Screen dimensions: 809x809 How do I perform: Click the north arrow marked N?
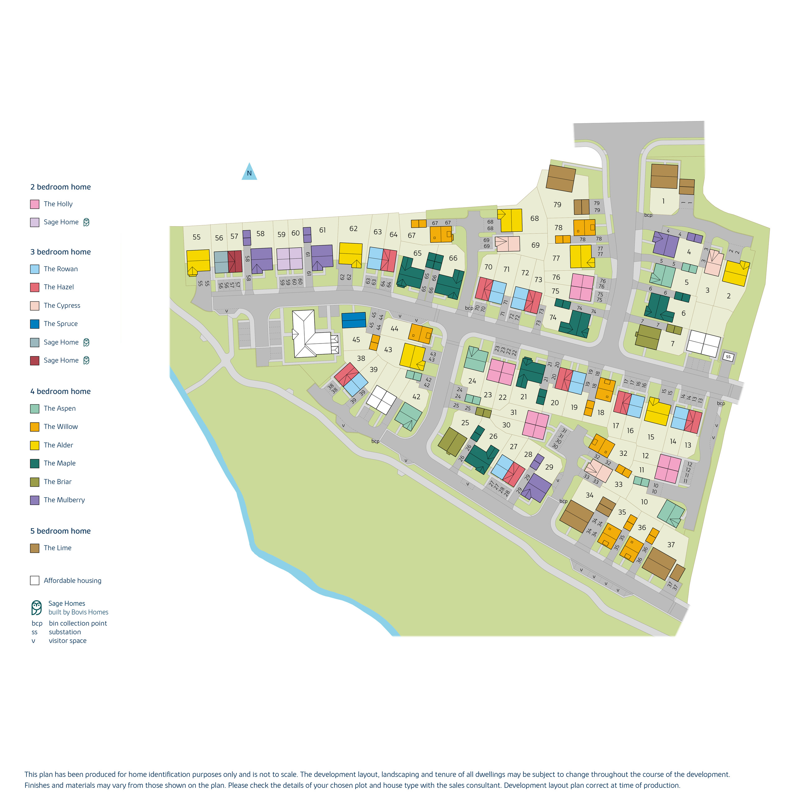click(x=249, y=172)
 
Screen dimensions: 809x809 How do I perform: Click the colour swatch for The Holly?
click(x=35, y=204)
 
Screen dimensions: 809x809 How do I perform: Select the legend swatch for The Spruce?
click(x=35, y=324)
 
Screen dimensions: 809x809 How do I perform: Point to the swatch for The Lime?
click(x=35, y=548)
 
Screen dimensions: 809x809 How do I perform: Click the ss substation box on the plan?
click(x=728, y=357)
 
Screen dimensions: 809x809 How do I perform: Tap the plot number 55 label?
click(x=196, y=237)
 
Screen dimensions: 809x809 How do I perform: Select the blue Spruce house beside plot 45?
click(x=354, y=320)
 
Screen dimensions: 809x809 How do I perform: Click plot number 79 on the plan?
click(x=557, y=205)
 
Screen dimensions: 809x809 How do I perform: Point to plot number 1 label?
click(x=663, y=201)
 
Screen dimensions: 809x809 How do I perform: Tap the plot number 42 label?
click(x=416, y=396)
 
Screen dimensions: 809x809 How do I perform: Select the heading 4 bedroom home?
click(x=60, y=391)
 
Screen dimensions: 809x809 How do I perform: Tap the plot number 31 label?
click(x=513, y=413)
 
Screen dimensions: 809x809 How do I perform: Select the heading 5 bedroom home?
click(x=60, y=531)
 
